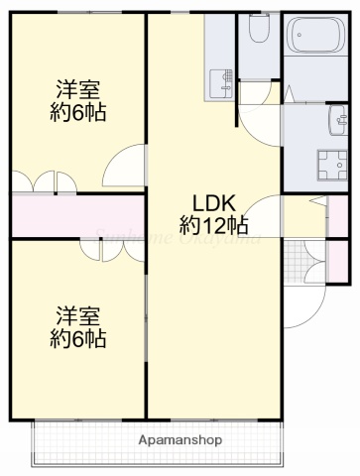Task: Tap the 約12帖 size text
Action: pos(213,225)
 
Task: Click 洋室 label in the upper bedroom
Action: pos(78,88)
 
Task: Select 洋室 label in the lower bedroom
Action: pos(78,316)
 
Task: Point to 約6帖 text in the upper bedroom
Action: pos(78,111)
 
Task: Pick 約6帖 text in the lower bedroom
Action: pos(78,339)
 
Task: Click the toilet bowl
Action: pos(260,31)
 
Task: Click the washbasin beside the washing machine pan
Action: pos(331,124)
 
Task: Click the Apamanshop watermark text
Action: pos(180,439)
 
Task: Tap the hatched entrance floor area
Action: pos(295,260)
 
